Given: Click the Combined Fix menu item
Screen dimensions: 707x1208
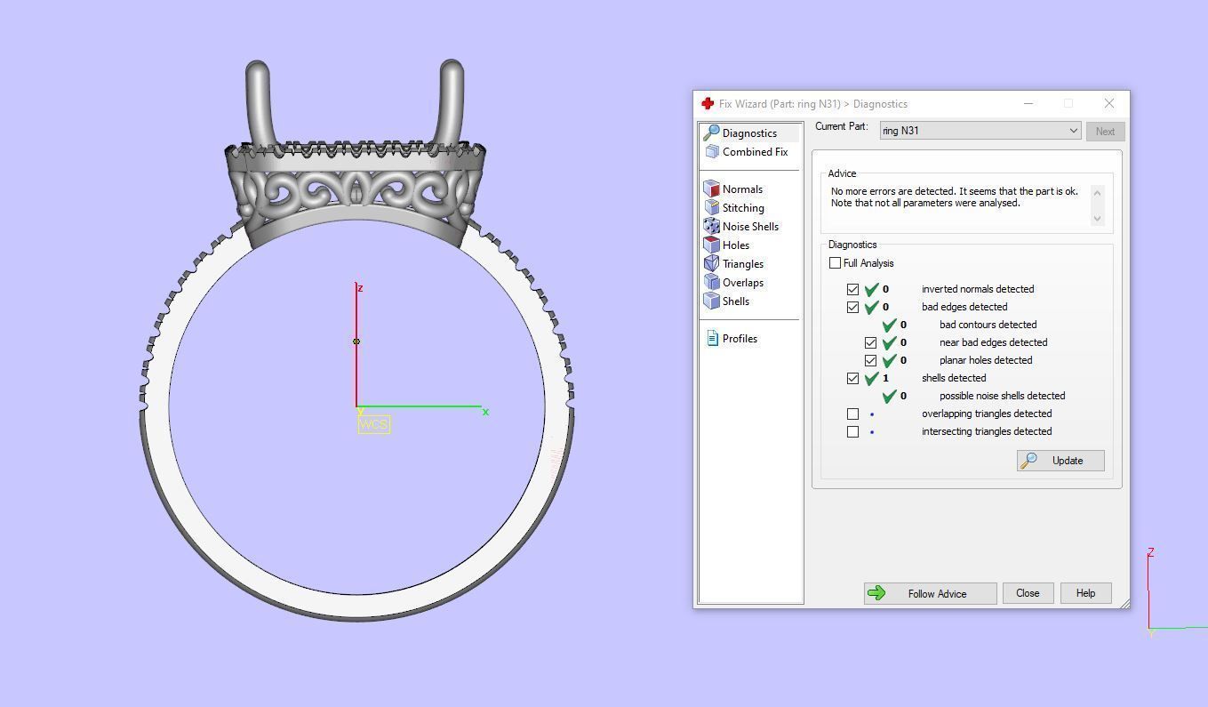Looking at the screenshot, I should [x=755, y=152].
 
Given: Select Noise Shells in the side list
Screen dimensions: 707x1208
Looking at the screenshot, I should [x=750, y=227].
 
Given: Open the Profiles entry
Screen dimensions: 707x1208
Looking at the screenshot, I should [x=740, y=339].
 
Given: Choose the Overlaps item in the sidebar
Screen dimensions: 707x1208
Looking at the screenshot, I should [x=742, y=283].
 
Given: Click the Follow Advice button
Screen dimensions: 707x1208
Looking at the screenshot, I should [x=930, y=593].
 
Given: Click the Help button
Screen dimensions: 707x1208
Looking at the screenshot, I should [x=1085, y=593].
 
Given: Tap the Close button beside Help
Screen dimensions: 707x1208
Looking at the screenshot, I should [x=1028, y=593].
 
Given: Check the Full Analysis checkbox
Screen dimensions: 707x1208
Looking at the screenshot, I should [x=836, y=263].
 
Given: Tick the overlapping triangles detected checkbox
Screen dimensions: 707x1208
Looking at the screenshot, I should [x=853, y=414].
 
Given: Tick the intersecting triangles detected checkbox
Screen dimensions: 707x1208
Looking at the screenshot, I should [x=853, y=431].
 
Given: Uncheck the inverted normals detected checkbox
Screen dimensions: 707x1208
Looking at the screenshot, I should [x=853, y=289].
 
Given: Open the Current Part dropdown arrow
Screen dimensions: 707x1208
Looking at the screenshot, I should [x=1073, y=131].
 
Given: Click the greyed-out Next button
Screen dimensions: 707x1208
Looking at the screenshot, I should [x=1105, y=131].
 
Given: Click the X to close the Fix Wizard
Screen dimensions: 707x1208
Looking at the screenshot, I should [x=1108, y=104].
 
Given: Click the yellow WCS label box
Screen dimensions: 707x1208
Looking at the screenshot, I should [x=374, y=424].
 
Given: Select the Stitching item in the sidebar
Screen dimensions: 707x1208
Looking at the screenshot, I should [x=743, y=208].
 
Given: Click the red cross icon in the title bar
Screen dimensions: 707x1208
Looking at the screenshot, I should [x=708, y=104].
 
